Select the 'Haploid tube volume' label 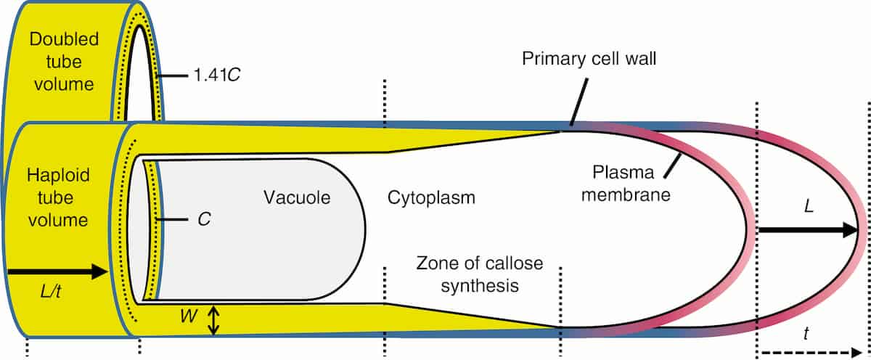pyautogui.click(x=57, y=196)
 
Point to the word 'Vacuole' pyautogui.click(x=298, y=197)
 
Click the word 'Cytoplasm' pyautogui.click(x=431, y=197)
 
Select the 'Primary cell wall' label pyautogui.click(x=589, y=58)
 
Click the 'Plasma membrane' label pyautogui.click(x=626, y=184)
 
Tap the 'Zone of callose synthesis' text pyautogui.click(x=480, y=274)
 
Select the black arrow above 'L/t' pyautogui.click(x=57, y=272)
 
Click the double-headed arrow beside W pyautogui.click(x=213, y=320)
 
